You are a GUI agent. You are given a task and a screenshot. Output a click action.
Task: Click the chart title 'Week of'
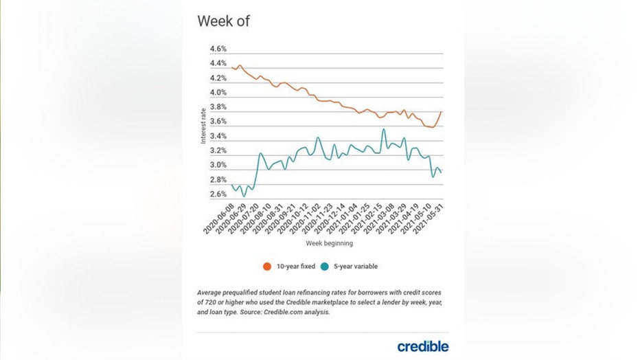pyautogui.click(x=223, y=21)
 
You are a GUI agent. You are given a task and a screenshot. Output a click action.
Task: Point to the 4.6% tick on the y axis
pyautogui.click(x=218, y=49)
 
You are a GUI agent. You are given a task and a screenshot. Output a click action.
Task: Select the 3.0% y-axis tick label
pyautogui.click(x=218, y=166)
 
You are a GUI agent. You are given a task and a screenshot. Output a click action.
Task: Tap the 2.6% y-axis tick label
pyautogui.click(x=218, y=194)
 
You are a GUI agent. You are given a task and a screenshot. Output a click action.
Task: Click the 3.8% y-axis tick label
pyautogui.click(x=218, y=107)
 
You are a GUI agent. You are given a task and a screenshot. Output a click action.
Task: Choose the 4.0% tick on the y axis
pyautogui.click(x=218, y=93)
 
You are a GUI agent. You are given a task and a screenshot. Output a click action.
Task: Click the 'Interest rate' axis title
pyautogui.click(x=203, y=126)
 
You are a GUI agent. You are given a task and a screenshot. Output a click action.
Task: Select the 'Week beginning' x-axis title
pyautogui.click(x=330, y=243)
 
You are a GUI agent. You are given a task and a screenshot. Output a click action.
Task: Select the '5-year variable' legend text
pyautogui.click(x=356, y=267)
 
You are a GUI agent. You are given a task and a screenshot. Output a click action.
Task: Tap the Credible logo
pyautogui.click(x=422, y=346)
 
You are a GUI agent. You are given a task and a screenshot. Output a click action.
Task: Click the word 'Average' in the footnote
pyautogui.click(x=210, y=292)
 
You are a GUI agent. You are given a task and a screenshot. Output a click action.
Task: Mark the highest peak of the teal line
pyautogui.click(x=383, y=129)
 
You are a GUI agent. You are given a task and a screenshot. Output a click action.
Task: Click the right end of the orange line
pyautogui.click(x=440, y=111)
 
